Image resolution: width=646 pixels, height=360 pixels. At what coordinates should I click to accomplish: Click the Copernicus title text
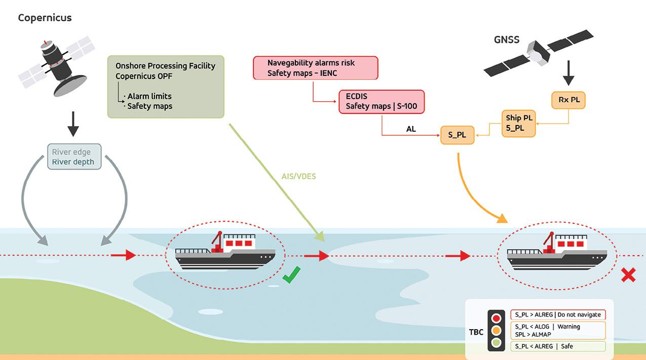click(x=45, y=18)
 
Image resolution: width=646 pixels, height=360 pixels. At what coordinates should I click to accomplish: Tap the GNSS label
click(x=507, y=39)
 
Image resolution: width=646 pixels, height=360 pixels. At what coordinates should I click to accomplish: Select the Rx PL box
click(x=568, y=100)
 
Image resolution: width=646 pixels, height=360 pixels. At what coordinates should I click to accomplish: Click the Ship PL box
click(x=518, y=124)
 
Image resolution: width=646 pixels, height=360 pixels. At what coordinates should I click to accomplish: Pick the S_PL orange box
click(x=458, y=135)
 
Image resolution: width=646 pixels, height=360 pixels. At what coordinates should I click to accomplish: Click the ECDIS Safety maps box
click(x=382, y=102)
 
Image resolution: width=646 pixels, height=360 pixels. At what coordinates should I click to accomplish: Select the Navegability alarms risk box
click(x=316, y=68)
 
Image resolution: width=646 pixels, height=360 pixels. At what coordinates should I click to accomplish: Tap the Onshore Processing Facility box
click(x=166, y=87)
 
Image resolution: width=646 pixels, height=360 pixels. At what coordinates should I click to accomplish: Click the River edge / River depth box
click(x=74, y=156)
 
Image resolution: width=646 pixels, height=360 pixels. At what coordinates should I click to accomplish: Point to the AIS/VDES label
click(x=298, y=176)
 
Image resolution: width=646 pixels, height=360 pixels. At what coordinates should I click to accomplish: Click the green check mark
click(x=291, y=275)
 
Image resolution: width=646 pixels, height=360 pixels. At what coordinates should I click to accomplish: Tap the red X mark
click(x=628, y=275)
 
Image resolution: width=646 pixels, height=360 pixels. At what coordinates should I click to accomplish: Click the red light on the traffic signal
click(x=497, y=318)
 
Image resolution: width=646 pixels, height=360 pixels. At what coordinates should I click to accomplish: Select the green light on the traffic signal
click(x=497, y=343)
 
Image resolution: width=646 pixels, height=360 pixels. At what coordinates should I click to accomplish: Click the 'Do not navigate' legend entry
click(x=558, y=315)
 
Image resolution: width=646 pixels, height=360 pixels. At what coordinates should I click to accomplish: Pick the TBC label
click(x=476, y=332)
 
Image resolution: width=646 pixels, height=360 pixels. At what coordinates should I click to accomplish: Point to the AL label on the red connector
click(x=411, y=129)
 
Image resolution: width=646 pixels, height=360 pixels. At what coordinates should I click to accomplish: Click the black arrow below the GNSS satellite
click(x=568, y=73)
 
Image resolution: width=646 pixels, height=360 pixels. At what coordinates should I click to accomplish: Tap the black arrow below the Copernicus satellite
click(x=73, y=124)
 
